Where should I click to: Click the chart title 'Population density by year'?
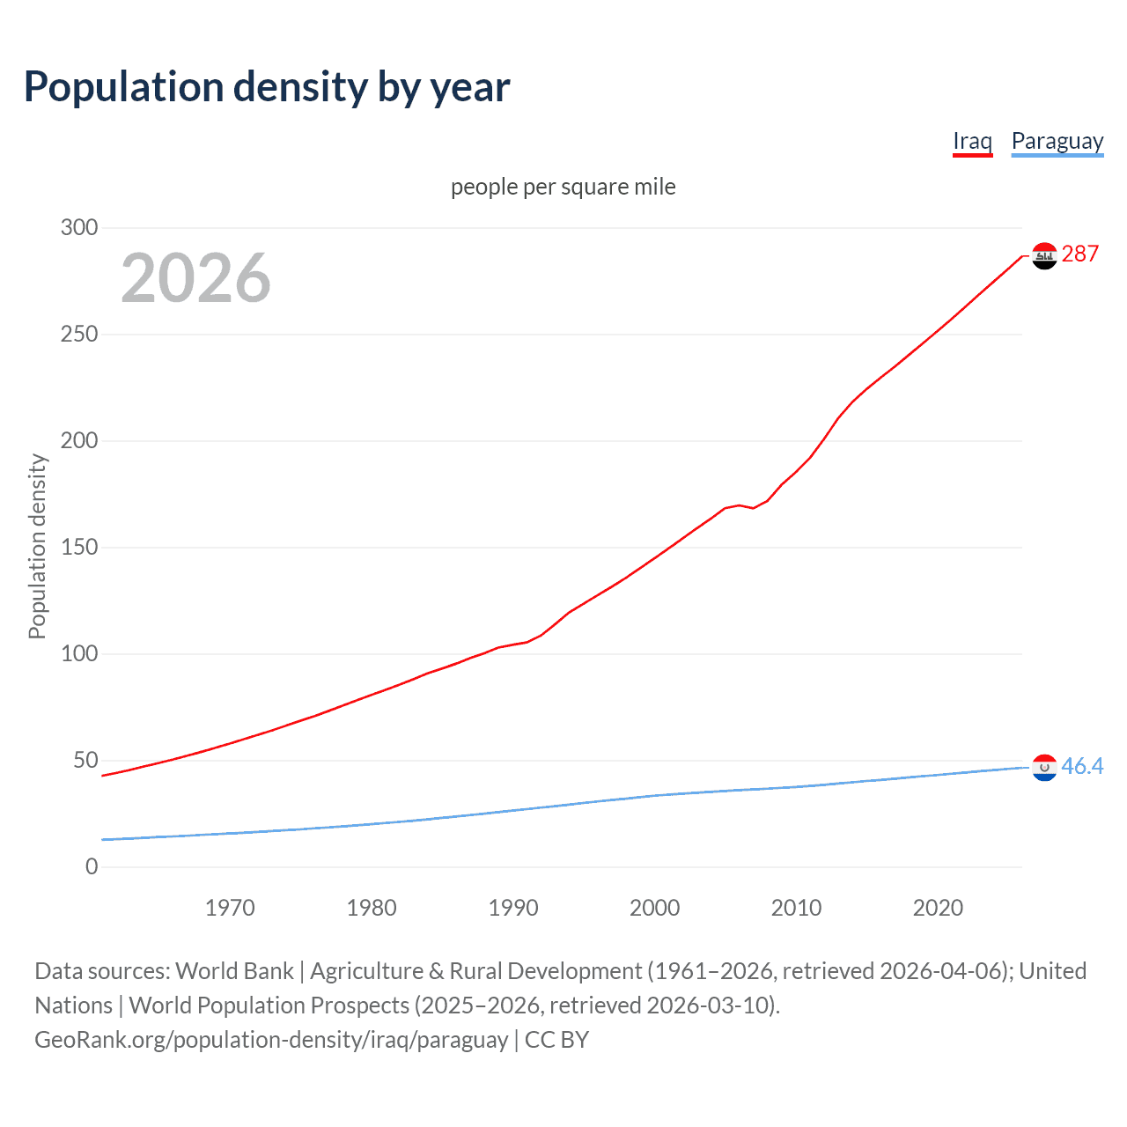[x=267, y=87]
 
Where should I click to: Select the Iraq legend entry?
[x=972, y=141]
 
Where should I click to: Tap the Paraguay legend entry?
[x=1057, y=141]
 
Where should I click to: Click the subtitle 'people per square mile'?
[x=563, y=187]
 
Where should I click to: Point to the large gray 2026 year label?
[x=195, y=278]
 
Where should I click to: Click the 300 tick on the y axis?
[x=79, y=227]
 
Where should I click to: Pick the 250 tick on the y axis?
[x=79, y=334]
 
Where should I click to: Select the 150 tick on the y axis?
[x=79, y=547]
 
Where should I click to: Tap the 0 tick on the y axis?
[x=92, y=866]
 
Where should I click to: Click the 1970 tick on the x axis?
[x=230, y=908]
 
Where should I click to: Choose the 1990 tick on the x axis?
[x=513, y=908]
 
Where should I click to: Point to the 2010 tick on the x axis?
[x=796, y=908]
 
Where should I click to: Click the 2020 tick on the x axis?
[x=938, y=908]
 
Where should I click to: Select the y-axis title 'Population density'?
[x=37, y=546]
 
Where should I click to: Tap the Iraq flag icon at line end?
[x=1044, y=255]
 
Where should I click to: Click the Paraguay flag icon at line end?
[x=1044, y=768]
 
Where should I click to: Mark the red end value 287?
[x=1080, y=254]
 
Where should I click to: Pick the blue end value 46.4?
[x=1082, y=766]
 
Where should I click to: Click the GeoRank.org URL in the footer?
[x=271, y=1040]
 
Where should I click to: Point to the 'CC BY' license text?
[x=556, y=1040]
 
